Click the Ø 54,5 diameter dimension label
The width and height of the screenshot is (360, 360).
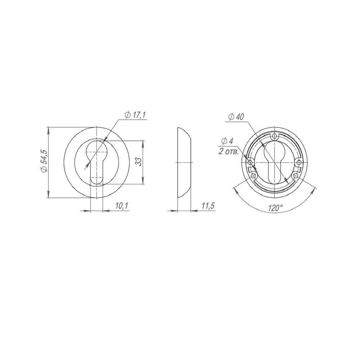pos(44,161)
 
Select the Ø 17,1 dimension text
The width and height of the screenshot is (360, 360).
pos(135,115)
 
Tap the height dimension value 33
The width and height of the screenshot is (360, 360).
pos(138,162)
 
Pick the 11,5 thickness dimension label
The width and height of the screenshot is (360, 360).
pos(208,206)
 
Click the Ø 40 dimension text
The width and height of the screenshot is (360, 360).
pos(236,117)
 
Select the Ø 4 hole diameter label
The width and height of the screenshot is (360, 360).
pos(227,141)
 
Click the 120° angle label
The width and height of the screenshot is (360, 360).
pos(275,208)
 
